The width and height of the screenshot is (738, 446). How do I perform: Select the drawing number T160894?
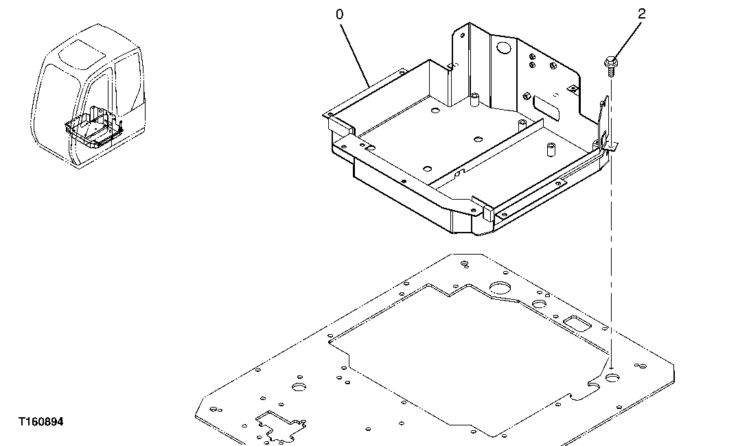42,422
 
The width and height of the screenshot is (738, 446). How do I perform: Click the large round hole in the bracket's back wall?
504,49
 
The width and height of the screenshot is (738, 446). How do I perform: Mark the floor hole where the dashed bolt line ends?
611,377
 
